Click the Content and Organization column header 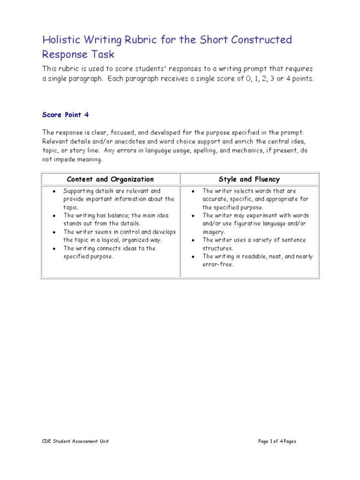coord(110,179)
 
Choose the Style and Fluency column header coord(249,179)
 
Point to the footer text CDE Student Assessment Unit coord(75,441)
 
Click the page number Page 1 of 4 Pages coord(277,441)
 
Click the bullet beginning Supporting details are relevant coord(55,191)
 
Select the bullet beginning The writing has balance coord(55,216)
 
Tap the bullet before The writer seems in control coord(55,232)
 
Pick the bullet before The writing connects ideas coord(55,248)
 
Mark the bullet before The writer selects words coord(194,191)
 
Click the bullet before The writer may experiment coord(194,216)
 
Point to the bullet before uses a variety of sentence coord(194,240)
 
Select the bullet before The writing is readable coord(194,257)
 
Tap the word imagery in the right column coord(214,232)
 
